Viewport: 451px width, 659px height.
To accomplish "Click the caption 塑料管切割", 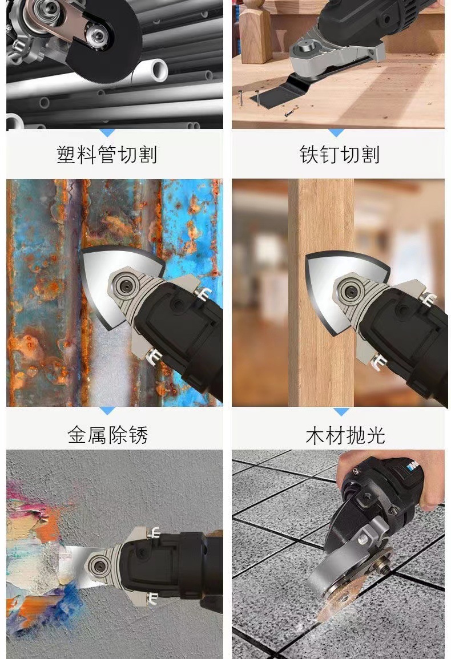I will pos(107,155).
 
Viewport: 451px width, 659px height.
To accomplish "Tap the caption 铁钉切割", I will pos(339,155).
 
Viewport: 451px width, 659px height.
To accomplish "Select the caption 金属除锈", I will pos(107,435).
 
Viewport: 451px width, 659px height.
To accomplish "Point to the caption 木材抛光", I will pos(345,435).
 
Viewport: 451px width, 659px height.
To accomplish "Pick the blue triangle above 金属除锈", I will pos(107,411).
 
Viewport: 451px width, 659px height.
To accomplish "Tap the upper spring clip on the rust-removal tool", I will pos(203,294).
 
